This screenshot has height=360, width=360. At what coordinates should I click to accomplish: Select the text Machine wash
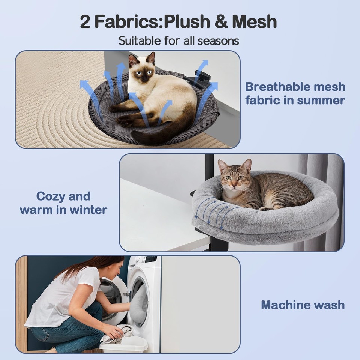tap(303, 304)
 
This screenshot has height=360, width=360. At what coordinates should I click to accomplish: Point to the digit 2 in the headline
tap(86, 22)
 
